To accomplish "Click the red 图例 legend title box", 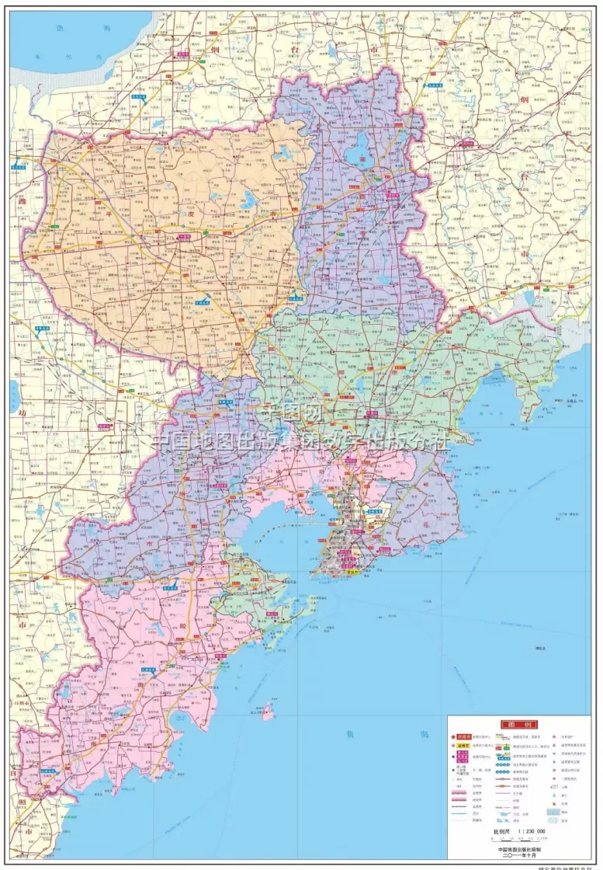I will [x=518, y=724].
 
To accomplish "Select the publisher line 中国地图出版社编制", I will [x=518, y=849].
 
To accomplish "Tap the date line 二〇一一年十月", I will [x=518, y=856].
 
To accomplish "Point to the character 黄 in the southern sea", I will [x=349, y=734].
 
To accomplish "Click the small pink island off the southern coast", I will [x=269, y=710].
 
